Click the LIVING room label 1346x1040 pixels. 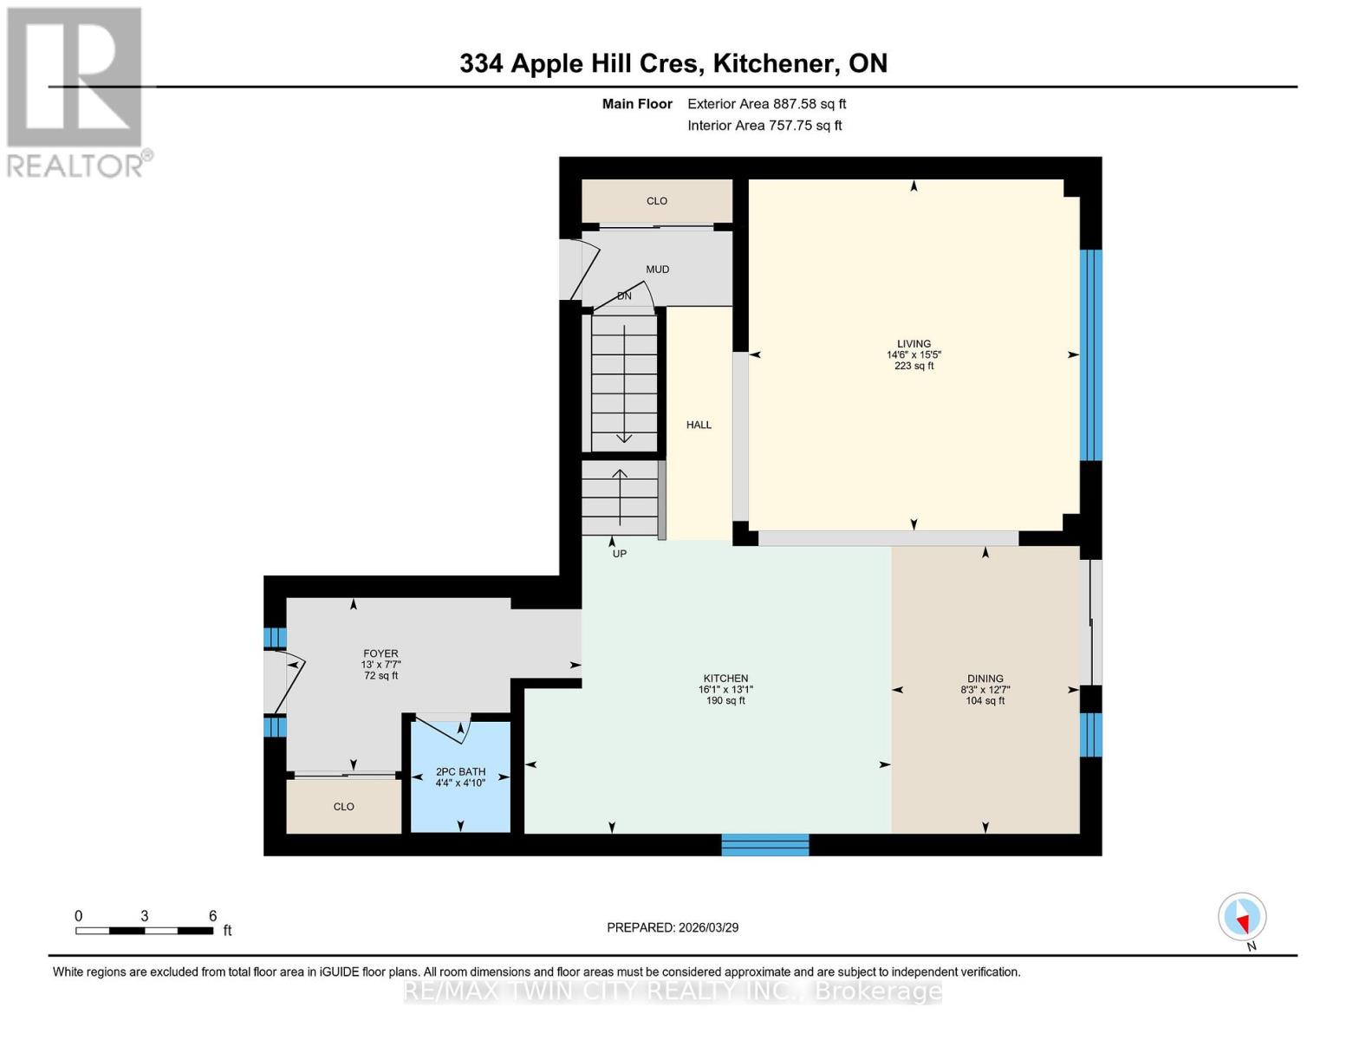pos(914,344)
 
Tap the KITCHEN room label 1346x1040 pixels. pos(725,679)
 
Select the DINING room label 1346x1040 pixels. pos(985,679)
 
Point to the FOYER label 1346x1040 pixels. pos(380,653)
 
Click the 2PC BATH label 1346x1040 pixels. pos(460,771)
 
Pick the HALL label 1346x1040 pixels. pos(699,425)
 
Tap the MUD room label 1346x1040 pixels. pos(657,270)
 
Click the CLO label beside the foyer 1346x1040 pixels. pos(344,807)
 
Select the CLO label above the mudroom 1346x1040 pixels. pos(657,201)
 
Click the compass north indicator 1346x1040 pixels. pos(1243,917)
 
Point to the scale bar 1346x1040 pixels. pos(144,931)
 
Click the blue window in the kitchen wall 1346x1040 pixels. pos(765,844)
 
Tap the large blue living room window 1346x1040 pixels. pos(1091,354)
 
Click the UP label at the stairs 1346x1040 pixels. pos(619,554)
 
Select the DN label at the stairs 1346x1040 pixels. pos(624,296)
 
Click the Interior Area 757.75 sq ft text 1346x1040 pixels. pos(764,126)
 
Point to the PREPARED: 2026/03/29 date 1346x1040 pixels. pos(673,927)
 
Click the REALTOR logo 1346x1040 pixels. pos(76,91)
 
